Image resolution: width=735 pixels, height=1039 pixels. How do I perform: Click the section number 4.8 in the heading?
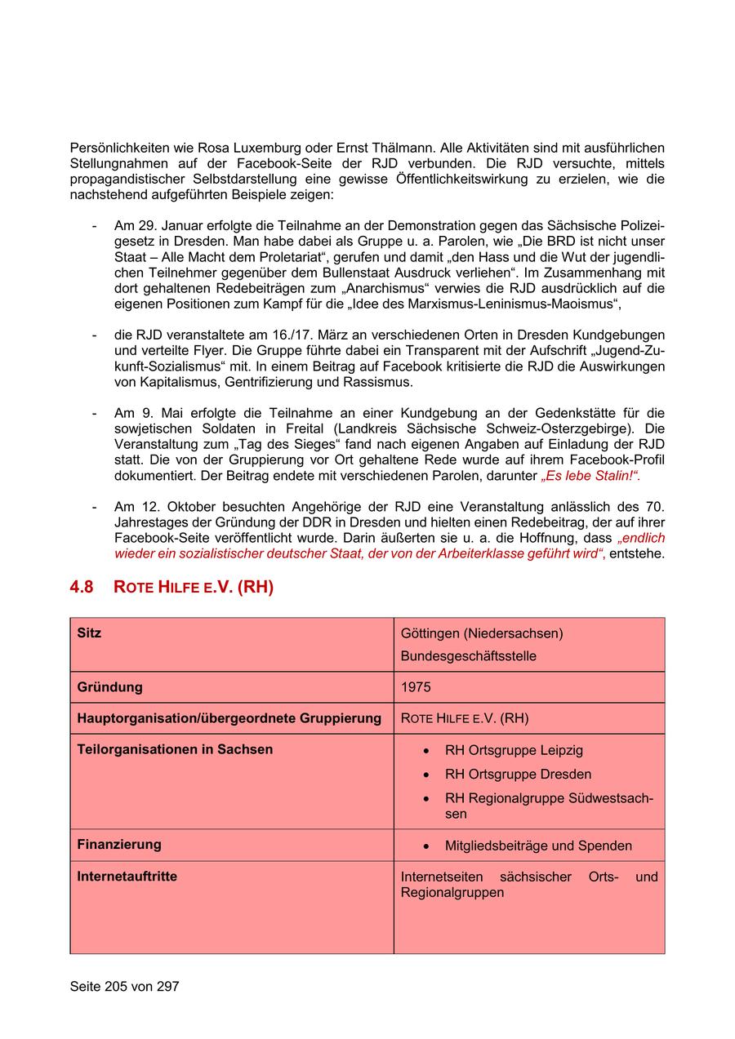click(x=82, y=587)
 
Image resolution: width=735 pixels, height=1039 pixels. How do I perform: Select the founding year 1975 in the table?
click(x=416, y=687)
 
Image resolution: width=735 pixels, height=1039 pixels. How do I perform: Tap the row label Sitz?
click(x=89, y=633)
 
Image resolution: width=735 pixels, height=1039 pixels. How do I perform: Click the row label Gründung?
click(x=109, y=687)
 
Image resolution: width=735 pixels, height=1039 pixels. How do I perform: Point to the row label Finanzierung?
click(x=119, y=844)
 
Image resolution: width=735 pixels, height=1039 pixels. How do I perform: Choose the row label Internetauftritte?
click(x=127, y=877)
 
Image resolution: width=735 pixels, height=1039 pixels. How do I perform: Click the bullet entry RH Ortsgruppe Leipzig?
click(x=514, y=750)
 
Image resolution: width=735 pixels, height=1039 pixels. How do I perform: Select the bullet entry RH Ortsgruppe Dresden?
click(x=518, y=774)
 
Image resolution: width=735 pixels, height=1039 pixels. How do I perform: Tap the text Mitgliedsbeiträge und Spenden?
click(x=538, y=846)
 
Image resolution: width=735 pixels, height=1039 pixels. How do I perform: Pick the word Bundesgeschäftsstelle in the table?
click(x=468, y=656)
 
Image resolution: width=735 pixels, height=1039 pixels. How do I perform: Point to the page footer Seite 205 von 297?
click(x=124, y=986)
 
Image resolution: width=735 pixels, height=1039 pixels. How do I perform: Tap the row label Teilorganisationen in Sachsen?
click(x=175, y=749)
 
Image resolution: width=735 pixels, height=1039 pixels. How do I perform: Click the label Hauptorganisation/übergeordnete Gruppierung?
click(x=229, y=718)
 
